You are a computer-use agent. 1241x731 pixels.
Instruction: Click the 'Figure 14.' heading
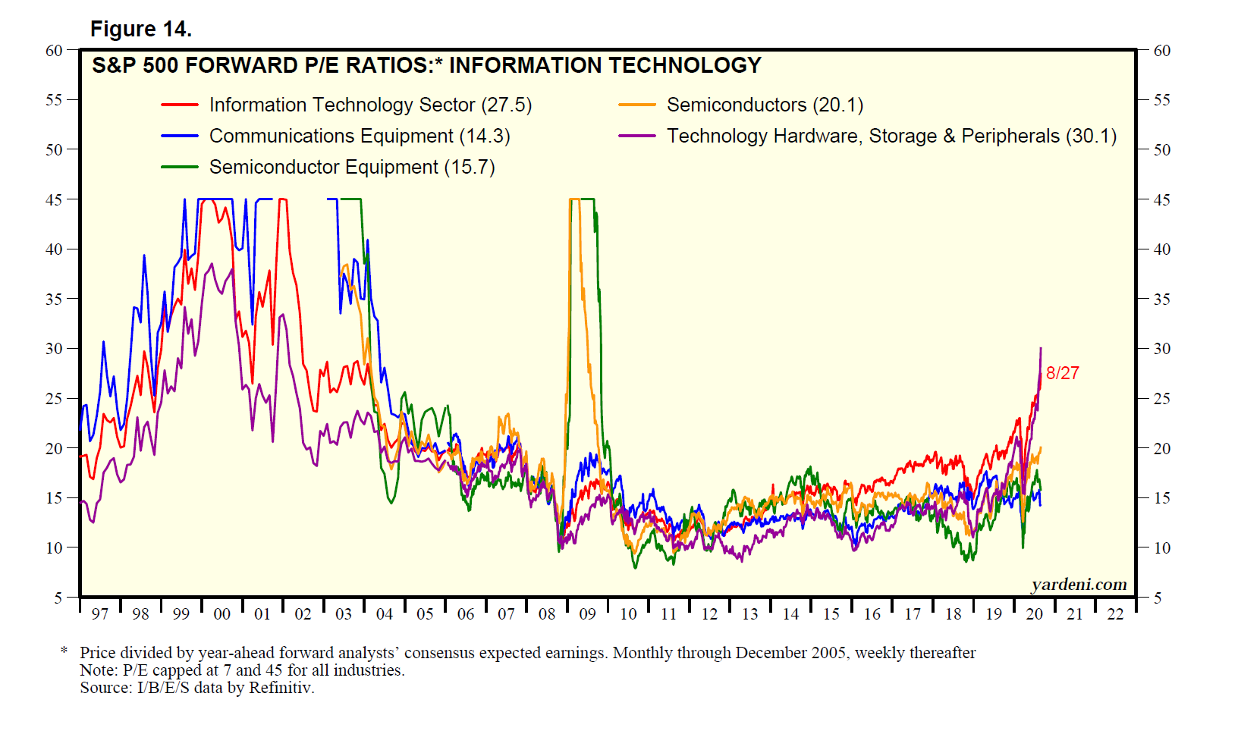tap(141, 29)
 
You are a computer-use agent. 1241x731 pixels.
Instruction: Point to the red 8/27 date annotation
tap(1062, 373)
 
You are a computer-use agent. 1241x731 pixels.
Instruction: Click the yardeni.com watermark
tap(1079, 585)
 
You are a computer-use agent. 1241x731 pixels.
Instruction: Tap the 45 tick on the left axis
tap(54, 200)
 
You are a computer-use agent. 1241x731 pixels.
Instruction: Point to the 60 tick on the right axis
tap(1161, 51)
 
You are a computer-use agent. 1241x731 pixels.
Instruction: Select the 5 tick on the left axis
tap(58, 598)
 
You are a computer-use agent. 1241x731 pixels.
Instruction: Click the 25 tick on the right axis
tap(1161, 399)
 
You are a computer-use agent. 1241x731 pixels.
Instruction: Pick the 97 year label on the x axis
tap(99, 614)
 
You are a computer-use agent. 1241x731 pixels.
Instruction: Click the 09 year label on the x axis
tap(587, 614)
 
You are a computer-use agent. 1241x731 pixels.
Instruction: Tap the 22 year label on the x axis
tap(1114, 614)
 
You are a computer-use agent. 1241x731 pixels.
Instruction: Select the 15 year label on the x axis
tap(831, 614)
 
